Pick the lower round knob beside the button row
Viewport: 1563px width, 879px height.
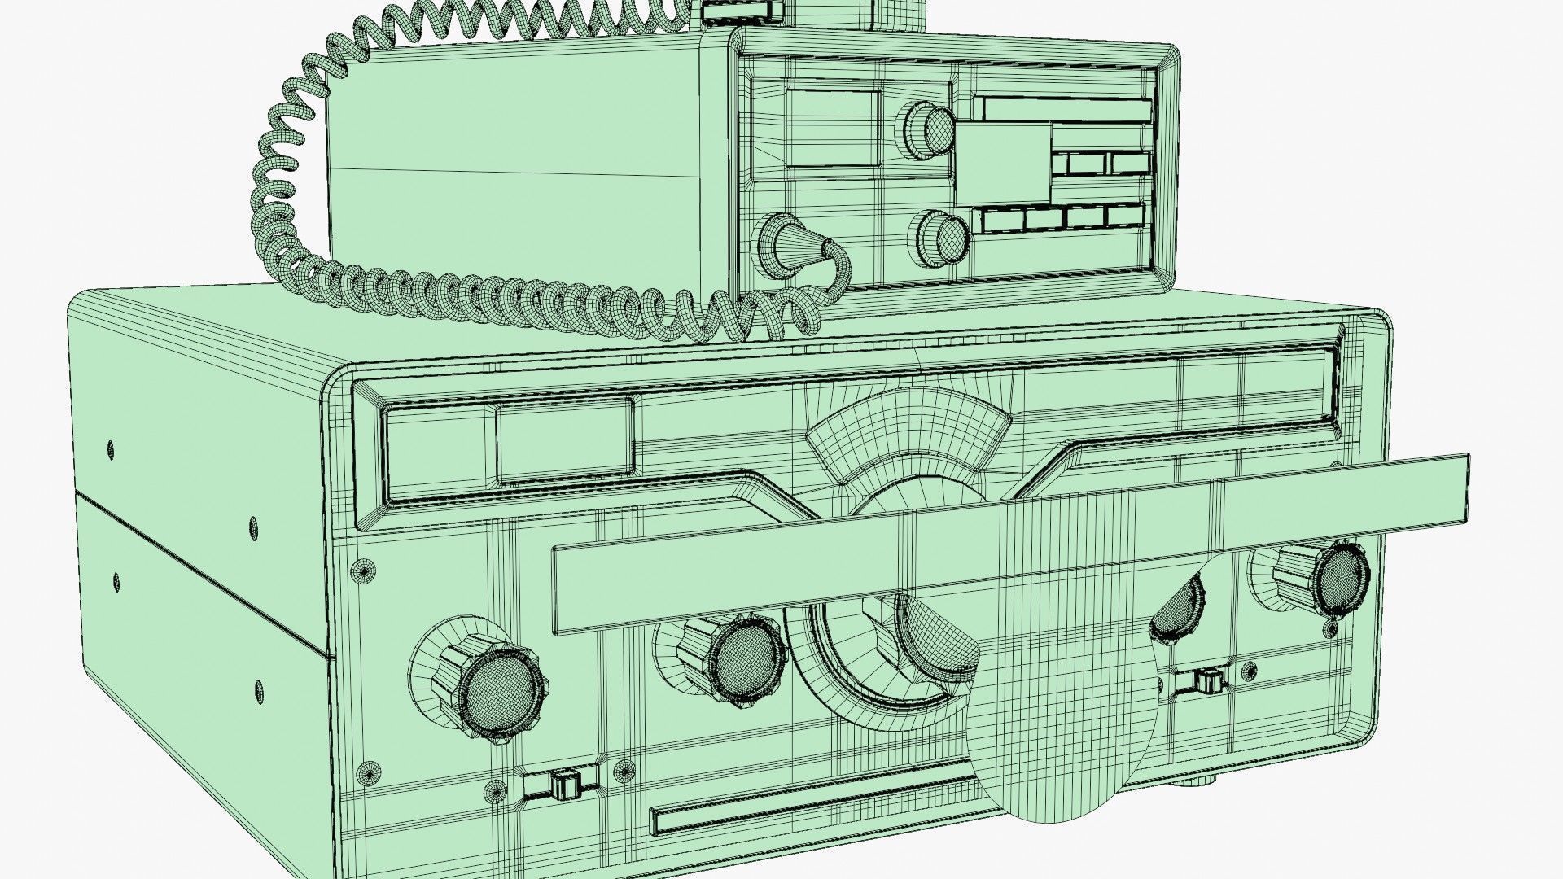point(944,236)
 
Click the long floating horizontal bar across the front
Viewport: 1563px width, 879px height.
point(1009,544)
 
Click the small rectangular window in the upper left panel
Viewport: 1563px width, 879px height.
point(564,440)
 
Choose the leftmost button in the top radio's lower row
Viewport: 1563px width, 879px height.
point(1000,219)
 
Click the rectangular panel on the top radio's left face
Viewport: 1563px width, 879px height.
point(832,128)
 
